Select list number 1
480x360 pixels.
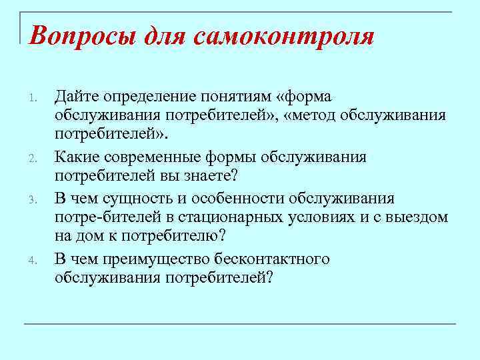coord(33,101)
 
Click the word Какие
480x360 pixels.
coord(77,157)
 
